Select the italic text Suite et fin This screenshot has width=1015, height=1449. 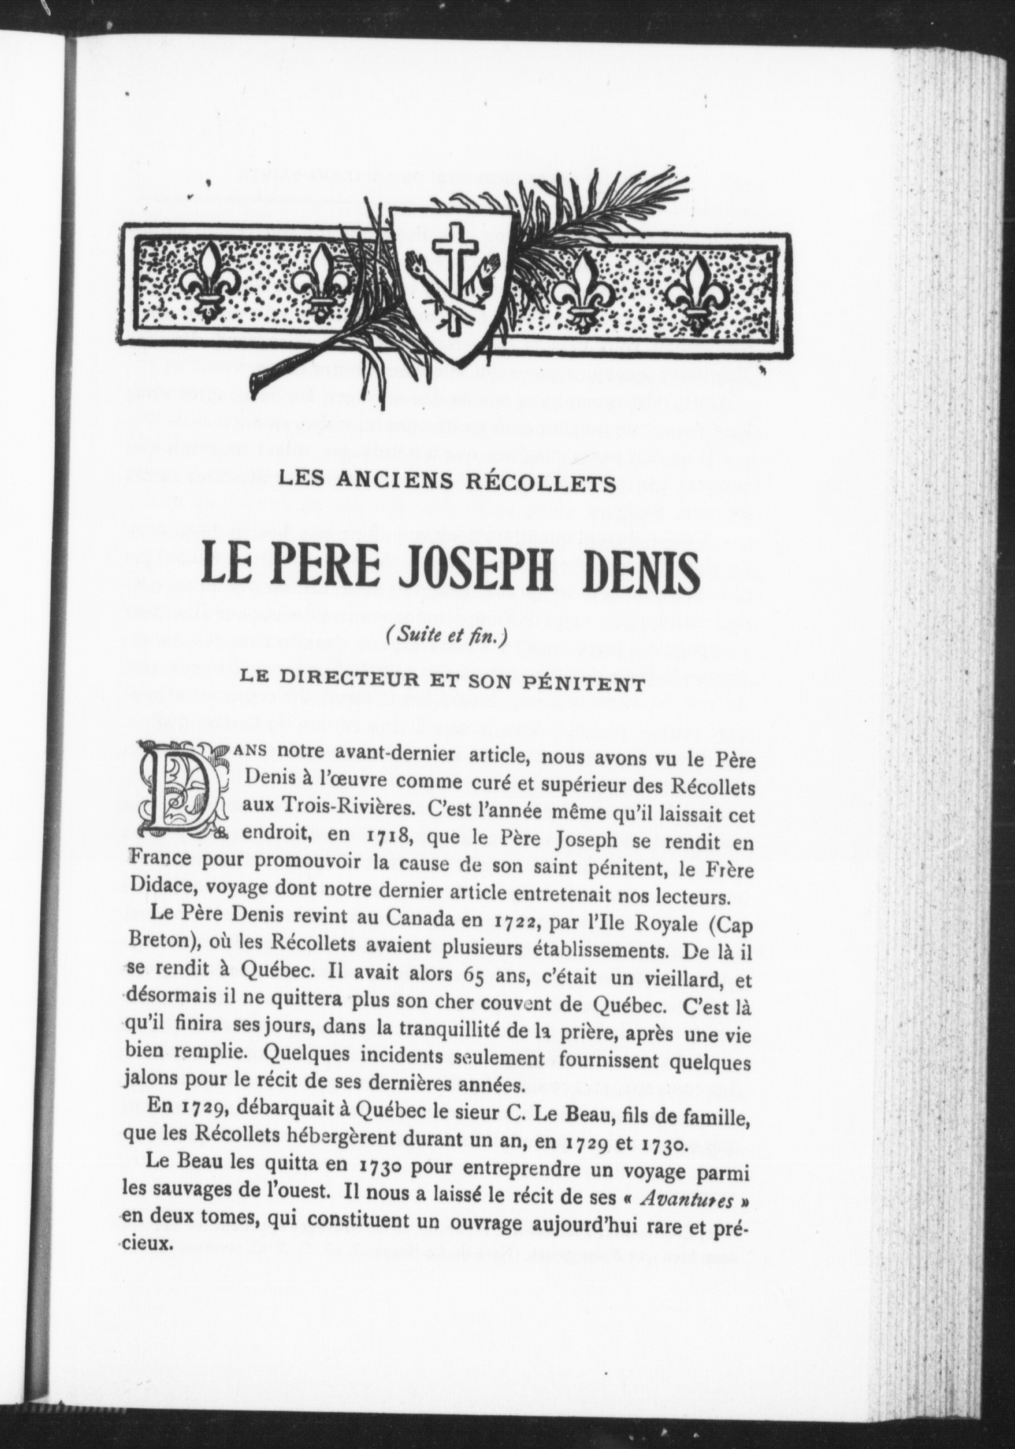447,638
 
